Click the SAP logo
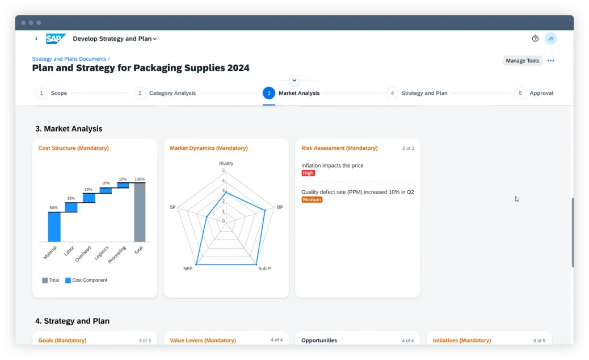(56, 39)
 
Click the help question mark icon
(535, 39)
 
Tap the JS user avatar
(550, 39)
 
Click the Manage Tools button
(523, 61)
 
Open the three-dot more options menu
(550, 61)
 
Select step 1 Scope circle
(41, 93)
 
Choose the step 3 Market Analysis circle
(269, 93)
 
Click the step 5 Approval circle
(520, 93)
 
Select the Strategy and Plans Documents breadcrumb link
(69, 59)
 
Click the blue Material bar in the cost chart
(54, 227)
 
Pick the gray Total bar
(140, 212)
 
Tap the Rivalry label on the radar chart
(226, 164)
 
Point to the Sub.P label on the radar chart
(264, 268)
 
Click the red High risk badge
(308, 173)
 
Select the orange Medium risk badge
(312, 200)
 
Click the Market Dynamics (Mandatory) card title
(208, 148)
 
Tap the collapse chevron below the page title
(294, 81)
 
